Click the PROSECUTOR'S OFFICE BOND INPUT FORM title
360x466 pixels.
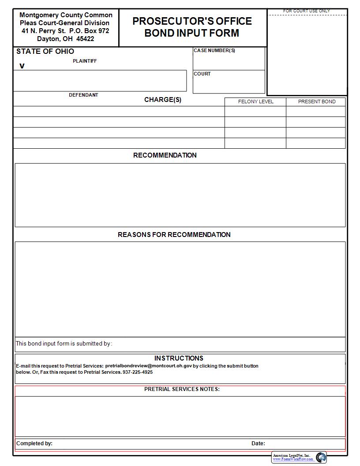pos(192,27)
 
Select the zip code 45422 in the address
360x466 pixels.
pos(85,39)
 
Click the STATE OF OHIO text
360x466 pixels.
pos(45,51)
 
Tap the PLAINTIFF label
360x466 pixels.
pos(85,61)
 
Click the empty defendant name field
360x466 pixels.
pos(100,80)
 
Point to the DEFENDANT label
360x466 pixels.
pos(83,95)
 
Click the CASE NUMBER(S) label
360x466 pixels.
pos(214,50)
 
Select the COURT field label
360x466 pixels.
pos(202,74)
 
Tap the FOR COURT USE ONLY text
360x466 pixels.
pos(307,11)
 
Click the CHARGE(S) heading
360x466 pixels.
pos(162,100)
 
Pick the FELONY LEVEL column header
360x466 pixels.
pos(255,101)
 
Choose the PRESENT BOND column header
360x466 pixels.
pos(316,101)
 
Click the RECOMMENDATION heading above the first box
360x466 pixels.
pos(165,155)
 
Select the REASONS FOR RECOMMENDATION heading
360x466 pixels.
pos(174,235)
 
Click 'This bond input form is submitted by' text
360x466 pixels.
pos(64,343)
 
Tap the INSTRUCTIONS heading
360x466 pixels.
pos(179,358)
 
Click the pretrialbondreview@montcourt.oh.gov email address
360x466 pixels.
pos(148,366)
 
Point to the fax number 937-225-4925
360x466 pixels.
pos(138,372)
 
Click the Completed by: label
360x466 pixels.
pos(34,443)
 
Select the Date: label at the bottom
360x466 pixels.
pos(258,443)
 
